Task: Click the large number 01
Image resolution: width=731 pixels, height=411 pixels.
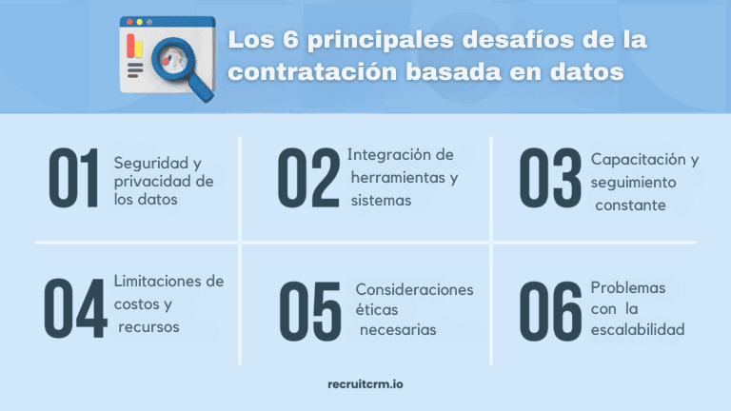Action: (x=74, y=180)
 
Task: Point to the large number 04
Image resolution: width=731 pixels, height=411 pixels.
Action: (x=74, y=309)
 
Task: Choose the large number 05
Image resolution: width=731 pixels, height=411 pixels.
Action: (x=308, y=311)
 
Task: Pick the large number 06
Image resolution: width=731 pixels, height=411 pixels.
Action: (x=550, y=311)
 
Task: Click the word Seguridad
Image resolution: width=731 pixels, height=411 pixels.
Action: (x=145, y=163)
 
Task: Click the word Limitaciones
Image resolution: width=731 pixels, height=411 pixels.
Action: (x=155, y=282)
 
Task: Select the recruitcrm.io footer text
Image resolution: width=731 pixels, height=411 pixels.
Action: (x=365, y=384)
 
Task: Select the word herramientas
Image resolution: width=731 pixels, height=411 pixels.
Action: (x=404, y=178)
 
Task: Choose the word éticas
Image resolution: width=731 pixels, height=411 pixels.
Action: (x=378, y=310)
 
